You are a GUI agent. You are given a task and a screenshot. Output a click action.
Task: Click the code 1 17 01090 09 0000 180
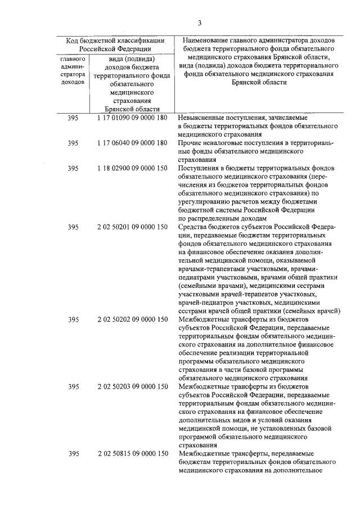click(x=132, y=119)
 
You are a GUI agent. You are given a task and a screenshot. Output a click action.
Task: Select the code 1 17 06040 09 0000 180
click(x=132, y=143)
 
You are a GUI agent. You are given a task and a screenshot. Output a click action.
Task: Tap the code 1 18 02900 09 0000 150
click(x=132, y=168)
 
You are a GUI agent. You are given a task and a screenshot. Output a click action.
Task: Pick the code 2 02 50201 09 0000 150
click(x=132, y=227)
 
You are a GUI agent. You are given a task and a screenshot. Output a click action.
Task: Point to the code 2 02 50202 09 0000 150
click(x=132, y=319)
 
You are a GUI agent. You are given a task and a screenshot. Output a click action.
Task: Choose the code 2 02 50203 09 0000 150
click(x=132, y=387)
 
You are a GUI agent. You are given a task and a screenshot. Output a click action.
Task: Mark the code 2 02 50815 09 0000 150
click(x=132, y=453)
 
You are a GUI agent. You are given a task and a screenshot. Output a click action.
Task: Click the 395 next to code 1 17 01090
click(x=73, y=119)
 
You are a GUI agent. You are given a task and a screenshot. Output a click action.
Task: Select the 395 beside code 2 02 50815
click(x=73, y=453)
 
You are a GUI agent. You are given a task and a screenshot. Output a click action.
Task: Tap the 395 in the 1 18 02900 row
click(x=73, y=168)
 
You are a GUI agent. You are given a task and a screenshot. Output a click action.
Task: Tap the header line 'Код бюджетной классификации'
click(x=115, y=40)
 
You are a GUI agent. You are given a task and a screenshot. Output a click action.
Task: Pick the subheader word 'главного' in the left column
click(x=73, y=58)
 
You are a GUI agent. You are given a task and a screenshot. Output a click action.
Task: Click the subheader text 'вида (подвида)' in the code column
click(x=132, y=58)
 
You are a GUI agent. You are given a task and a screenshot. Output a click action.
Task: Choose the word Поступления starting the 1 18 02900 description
click(x=199, y=168)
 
